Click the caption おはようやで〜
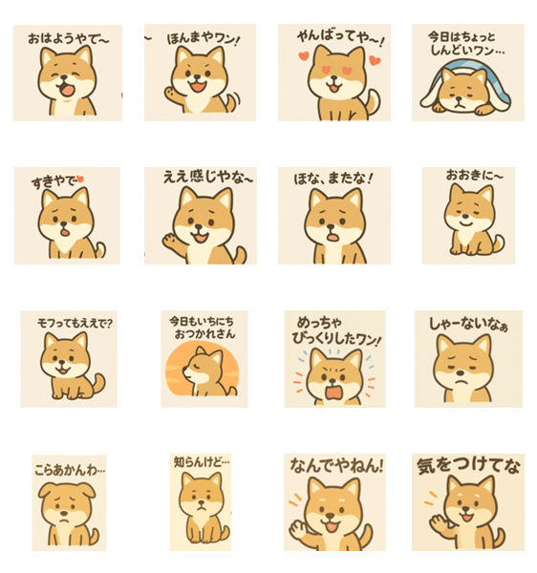pyautogui.click(x=69, y=39)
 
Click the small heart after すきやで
pyautogui.click(x=80, y=179)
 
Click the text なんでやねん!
pyautogui.click(x=336, y=466)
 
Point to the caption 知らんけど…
pyautogui.click(x=202, y=462)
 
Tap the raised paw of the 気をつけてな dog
pyautogui.click(x=438, y=523)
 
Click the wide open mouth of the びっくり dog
pyautogui.click(x=333, y=393)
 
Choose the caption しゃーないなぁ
pyautogui.click(x=468, y=324)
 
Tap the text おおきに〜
pyautogui.click(x=474, y=176)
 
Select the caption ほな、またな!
pyautogui.click(x=333, y=179)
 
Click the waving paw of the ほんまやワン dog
pyautogui.click(x=170, y=93)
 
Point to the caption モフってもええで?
pyautogui.click(x=75, y=324)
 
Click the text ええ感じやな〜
pyautogui.click(x=208, y=177)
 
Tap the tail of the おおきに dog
pyautogui.click(x=499, y=243)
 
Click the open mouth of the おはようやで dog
pyautogui.click(x=67, y=91)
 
